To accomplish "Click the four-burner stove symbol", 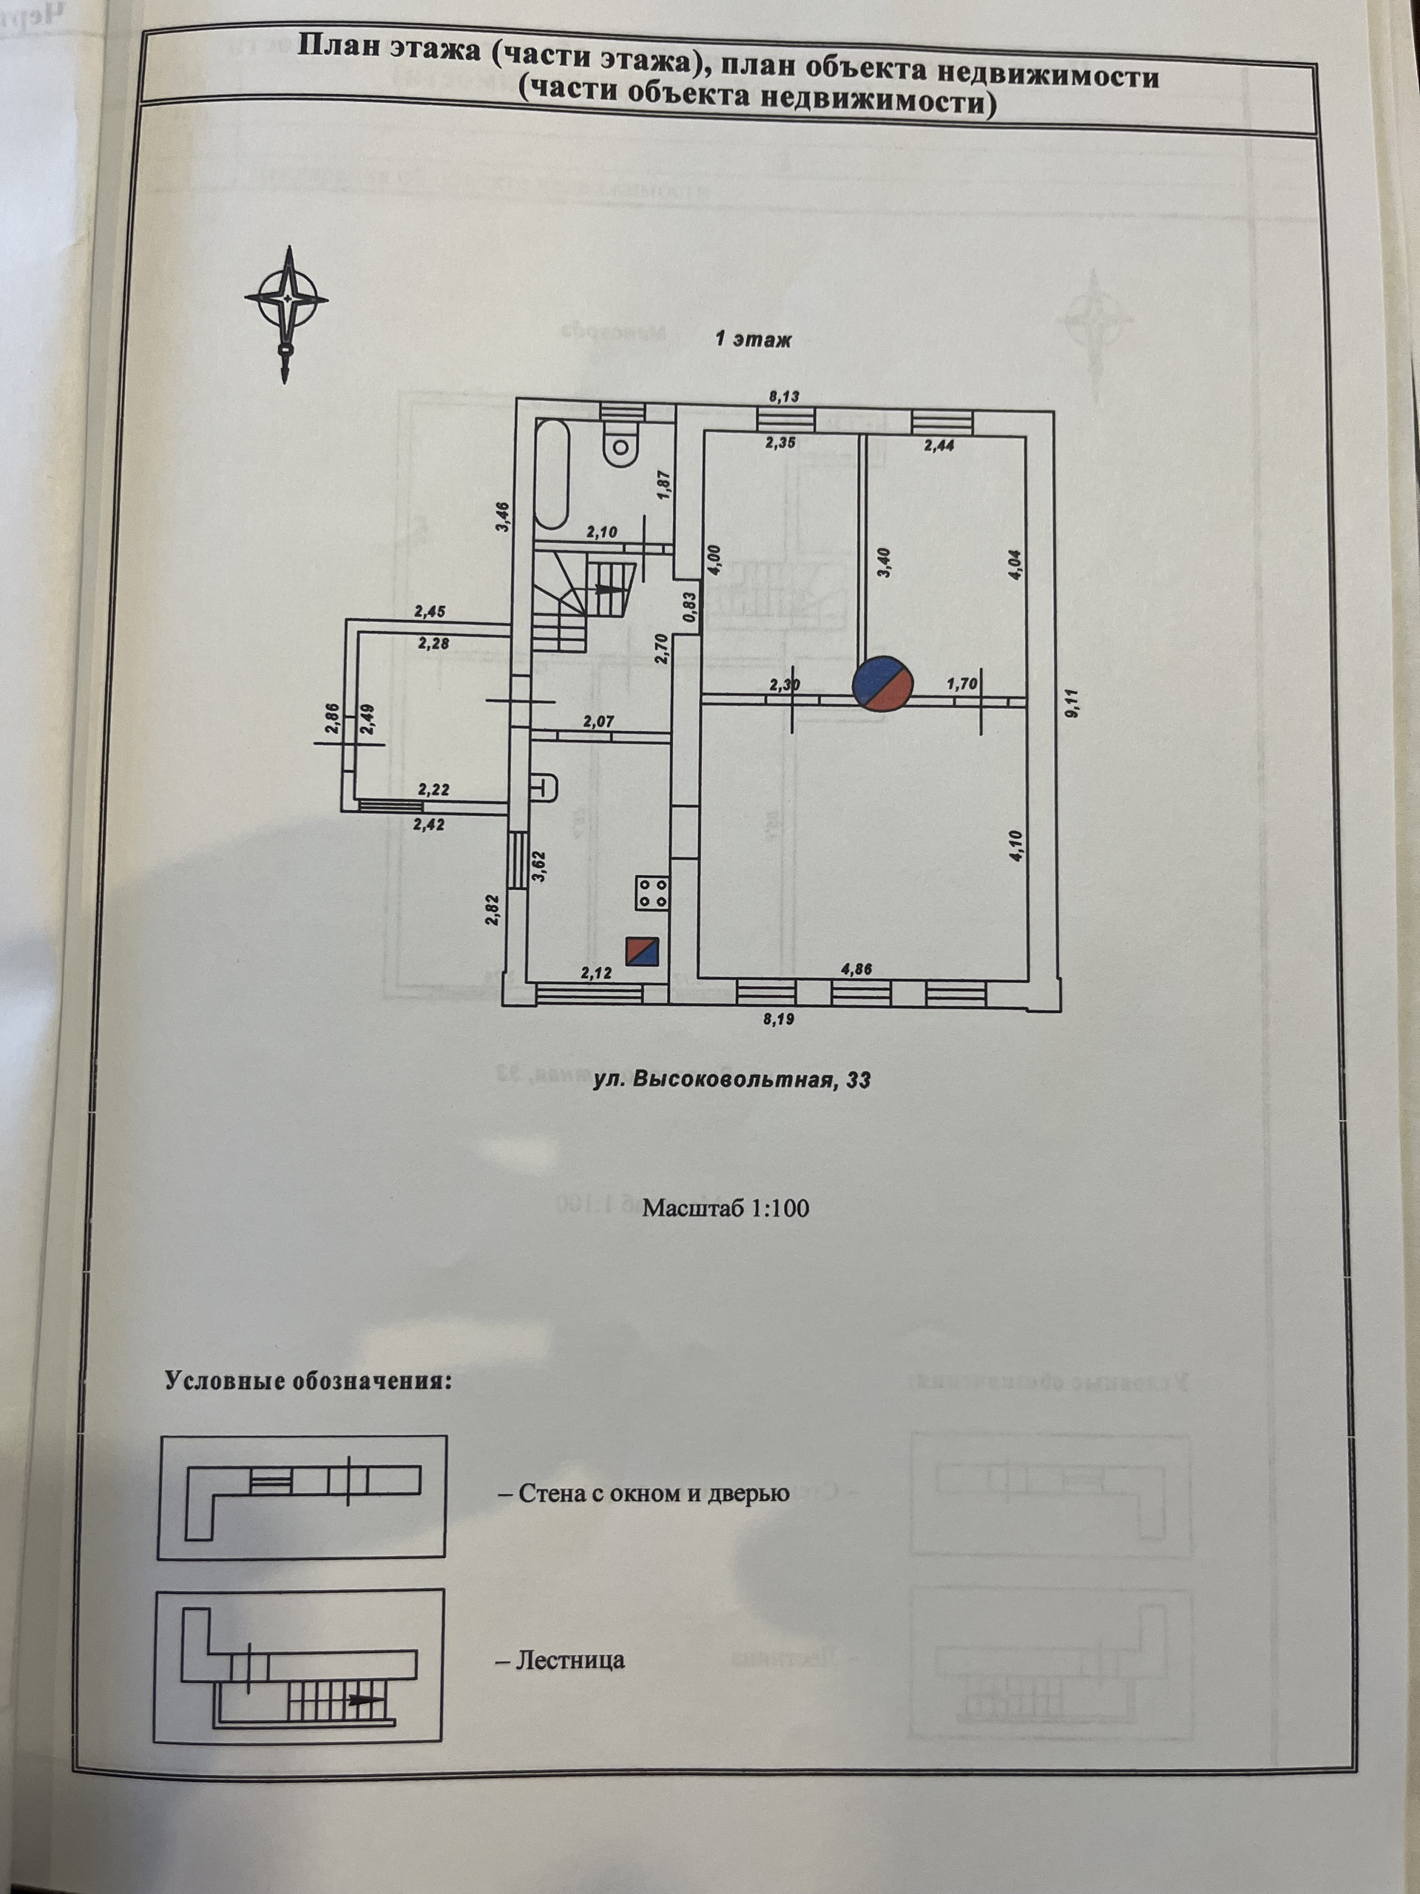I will click(652, 893).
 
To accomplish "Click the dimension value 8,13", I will click(784, 396).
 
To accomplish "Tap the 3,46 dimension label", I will click(505, 516).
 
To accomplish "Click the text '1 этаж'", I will click(753, 340).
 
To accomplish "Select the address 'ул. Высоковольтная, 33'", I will click(733, 1081).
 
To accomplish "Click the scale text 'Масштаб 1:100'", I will click(725, 1208).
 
